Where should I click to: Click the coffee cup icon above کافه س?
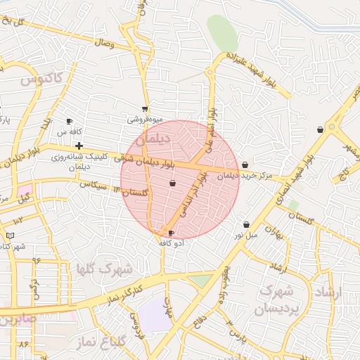pyautogui.click(x=69, y=121)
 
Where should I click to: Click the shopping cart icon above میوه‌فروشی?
pyautogui.click(x=144, y=109)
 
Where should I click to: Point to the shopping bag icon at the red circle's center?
pyautogui.click(x=172, y=183)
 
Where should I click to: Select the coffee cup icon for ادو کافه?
pyautogui.click(x=172, y=233)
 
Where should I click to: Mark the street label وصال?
pyautogui.click(x=103, y=44)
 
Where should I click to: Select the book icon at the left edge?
pyautogui.click(x=10, y=236)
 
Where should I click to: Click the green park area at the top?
pyautogui.click(x=222, y=32)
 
